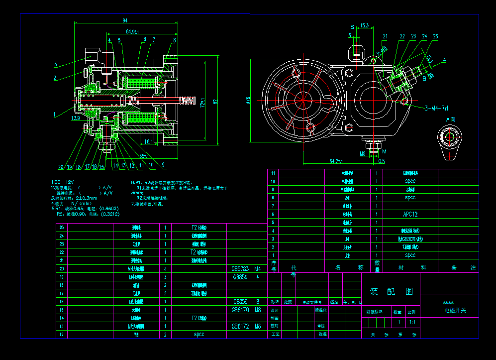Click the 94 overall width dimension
click(125, 20)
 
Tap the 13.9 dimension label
click(76, 118)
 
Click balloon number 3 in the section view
click(56, 64)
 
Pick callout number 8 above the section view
click(174, 39)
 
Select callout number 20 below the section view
click(61, 167)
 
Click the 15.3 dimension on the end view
click(364, 25)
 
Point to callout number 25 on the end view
click(435, 36)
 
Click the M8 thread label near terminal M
click(363, 154)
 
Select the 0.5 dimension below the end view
click(382, 161)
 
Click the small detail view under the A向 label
click(450, 142)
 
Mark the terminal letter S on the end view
click(352, 26)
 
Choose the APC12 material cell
click(410, 214)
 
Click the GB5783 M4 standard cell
click(246, 268)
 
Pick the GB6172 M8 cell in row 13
click(246, 326)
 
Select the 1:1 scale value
click(412, 322)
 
